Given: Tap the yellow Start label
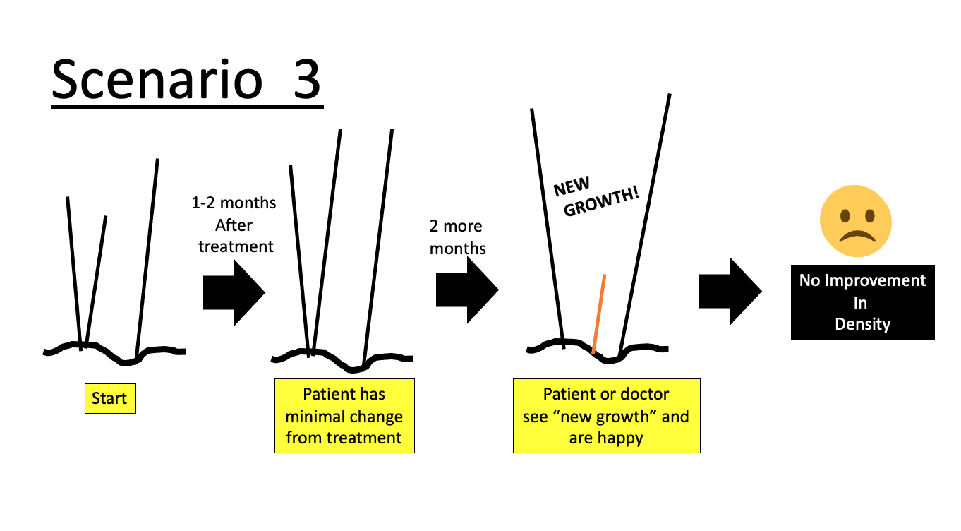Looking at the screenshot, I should [x=109, y=399].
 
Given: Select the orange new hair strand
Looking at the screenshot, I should [x=599, y=314].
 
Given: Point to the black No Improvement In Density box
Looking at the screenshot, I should [x=862, y=302].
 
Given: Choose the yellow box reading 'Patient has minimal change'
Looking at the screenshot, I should [x=344, y=416].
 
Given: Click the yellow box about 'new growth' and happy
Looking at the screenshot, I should [x=606, y=416].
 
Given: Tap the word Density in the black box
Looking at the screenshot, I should [x=862, y=324].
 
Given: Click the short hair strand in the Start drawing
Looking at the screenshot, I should [x=95, y=282].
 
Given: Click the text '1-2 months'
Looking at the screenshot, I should [x=234, y=203].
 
